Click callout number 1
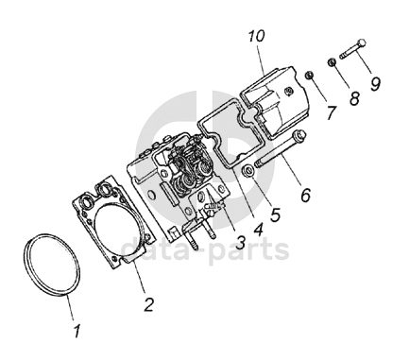[x=77, y=331]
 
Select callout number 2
[x=149, y=304]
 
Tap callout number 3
[x=240, y=243]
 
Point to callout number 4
[x=258, y=230]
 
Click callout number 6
[x=306, y=195]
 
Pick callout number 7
[x=331, y=112]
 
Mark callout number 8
[x=354, y=98]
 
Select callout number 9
[x=375, y=84]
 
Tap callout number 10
[x=256, y=36]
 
